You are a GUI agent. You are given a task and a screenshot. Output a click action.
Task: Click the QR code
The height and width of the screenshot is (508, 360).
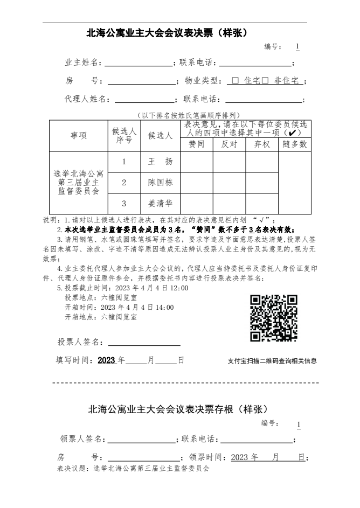274,318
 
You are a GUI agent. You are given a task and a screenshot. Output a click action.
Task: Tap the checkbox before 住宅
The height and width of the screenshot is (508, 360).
236,81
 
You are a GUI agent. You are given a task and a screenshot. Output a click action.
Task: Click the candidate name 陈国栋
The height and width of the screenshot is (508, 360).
160,183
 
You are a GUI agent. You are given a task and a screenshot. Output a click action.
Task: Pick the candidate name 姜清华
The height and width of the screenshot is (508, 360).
160,204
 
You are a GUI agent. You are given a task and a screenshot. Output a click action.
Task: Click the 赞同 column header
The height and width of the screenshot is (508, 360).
196,144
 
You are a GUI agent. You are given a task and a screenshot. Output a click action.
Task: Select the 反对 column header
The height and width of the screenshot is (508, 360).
229,144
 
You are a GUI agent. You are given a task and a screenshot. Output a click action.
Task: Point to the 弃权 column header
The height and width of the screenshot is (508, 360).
262,144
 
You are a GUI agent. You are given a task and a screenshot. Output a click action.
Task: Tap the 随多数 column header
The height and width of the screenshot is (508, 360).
295,144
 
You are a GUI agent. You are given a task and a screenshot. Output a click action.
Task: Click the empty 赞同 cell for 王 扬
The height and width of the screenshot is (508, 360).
196,162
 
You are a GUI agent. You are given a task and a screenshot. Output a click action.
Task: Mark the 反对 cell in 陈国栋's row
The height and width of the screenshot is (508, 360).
229,183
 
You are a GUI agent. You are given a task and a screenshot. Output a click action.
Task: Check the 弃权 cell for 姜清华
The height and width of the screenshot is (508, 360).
262,204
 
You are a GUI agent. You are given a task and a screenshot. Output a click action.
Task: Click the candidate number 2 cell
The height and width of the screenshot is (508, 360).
124,183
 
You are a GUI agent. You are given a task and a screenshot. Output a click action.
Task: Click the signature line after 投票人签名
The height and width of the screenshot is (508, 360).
144,343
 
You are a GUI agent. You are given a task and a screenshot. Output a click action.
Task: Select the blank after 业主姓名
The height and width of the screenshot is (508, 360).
139,62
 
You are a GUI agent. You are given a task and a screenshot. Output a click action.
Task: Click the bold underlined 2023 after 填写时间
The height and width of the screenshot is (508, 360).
107,360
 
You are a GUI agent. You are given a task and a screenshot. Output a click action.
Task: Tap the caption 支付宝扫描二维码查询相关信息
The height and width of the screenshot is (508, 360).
272,361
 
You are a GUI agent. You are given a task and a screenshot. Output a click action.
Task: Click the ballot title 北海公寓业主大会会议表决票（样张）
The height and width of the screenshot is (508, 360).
167,33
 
